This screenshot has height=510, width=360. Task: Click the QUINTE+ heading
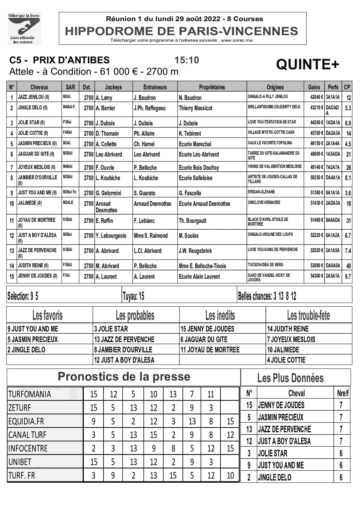point(307,64)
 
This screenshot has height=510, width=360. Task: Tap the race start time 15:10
point(187,60)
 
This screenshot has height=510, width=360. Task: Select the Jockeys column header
point(113,87)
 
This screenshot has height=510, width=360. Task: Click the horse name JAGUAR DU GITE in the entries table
point(36,154)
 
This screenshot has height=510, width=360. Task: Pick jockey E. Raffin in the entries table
point(104,221)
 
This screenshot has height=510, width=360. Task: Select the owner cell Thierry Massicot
point(195,108)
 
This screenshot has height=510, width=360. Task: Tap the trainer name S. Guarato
point(145,193)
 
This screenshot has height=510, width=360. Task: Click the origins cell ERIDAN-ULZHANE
point(261,192)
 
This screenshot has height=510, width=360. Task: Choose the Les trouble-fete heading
point(309,316)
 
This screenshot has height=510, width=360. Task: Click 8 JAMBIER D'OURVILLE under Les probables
point(123,350)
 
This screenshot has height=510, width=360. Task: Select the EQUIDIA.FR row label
point(26,421)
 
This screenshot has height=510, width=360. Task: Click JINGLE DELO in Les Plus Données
point(274,477)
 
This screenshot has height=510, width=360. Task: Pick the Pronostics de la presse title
point(124,377)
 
